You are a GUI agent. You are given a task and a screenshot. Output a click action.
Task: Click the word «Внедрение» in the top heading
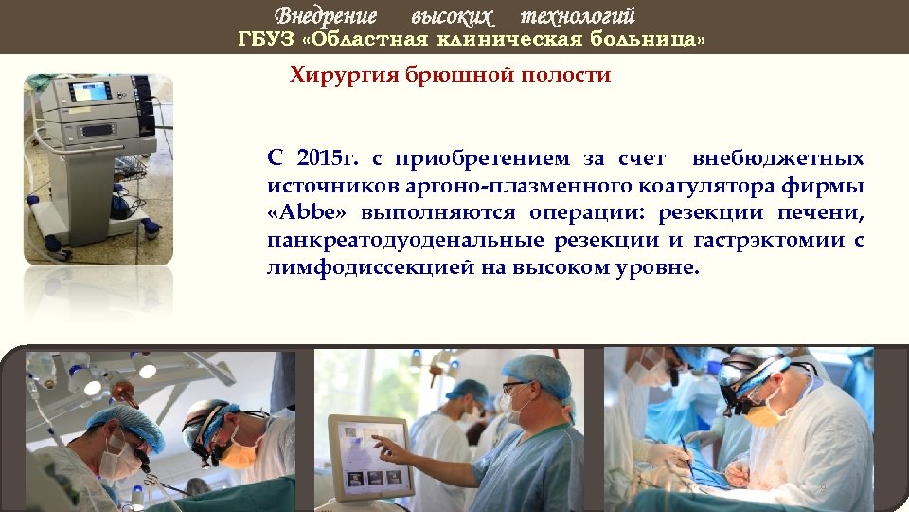326,16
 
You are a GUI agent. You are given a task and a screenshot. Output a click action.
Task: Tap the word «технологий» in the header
579,16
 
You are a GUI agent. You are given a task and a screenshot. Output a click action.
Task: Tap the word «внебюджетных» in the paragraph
778,158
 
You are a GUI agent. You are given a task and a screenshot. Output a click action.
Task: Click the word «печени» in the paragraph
824,213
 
